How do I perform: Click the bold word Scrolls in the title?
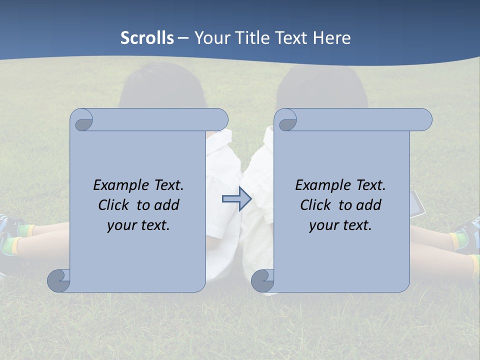tap(147, 38)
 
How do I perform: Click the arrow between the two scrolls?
tap(237, 199)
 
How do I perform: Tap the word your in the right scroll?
tap(324, 225)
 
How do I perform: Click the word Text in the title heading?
tap(292, 38)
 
